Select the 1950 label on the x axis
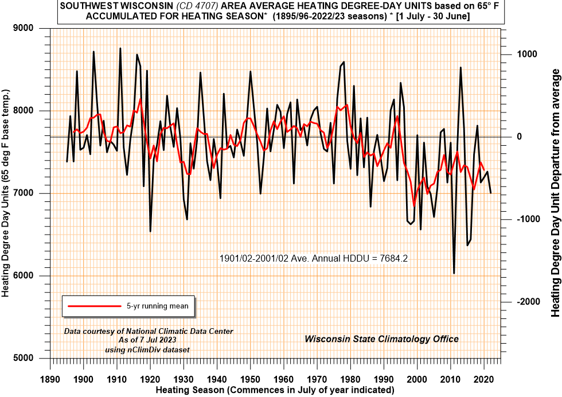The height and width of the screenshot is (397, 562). coord(251,379)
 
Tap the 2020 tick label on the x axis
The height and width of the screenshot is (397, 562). coord(484,379)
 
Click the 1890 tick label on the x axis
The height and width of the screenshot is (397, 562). coord(50,379)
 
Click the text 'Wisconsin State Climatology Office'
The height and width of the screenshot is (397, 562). coord(381,339)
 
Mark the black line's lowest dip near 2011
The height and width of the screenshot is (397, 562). coord(454,273)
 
